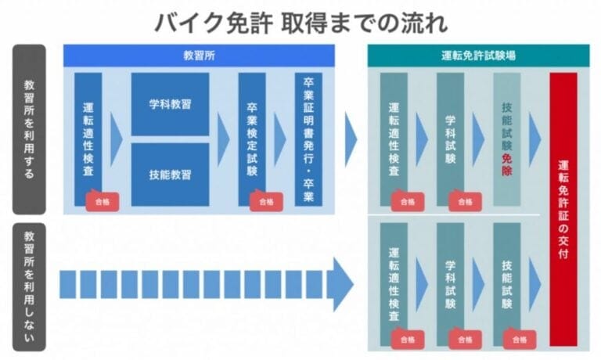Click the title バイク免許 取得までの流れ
coord(300,22)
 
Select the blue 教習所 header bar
coord(199,56)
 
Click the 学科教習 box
coord(170,104)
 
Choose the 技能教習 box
coord(170,174)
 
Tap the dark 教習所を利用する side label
coord(29,129)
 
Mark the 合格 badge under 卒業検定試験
coord(266,201)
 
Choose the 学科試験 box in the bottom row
coord(450,282)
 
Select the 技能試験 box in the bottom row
coord(506,282)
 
